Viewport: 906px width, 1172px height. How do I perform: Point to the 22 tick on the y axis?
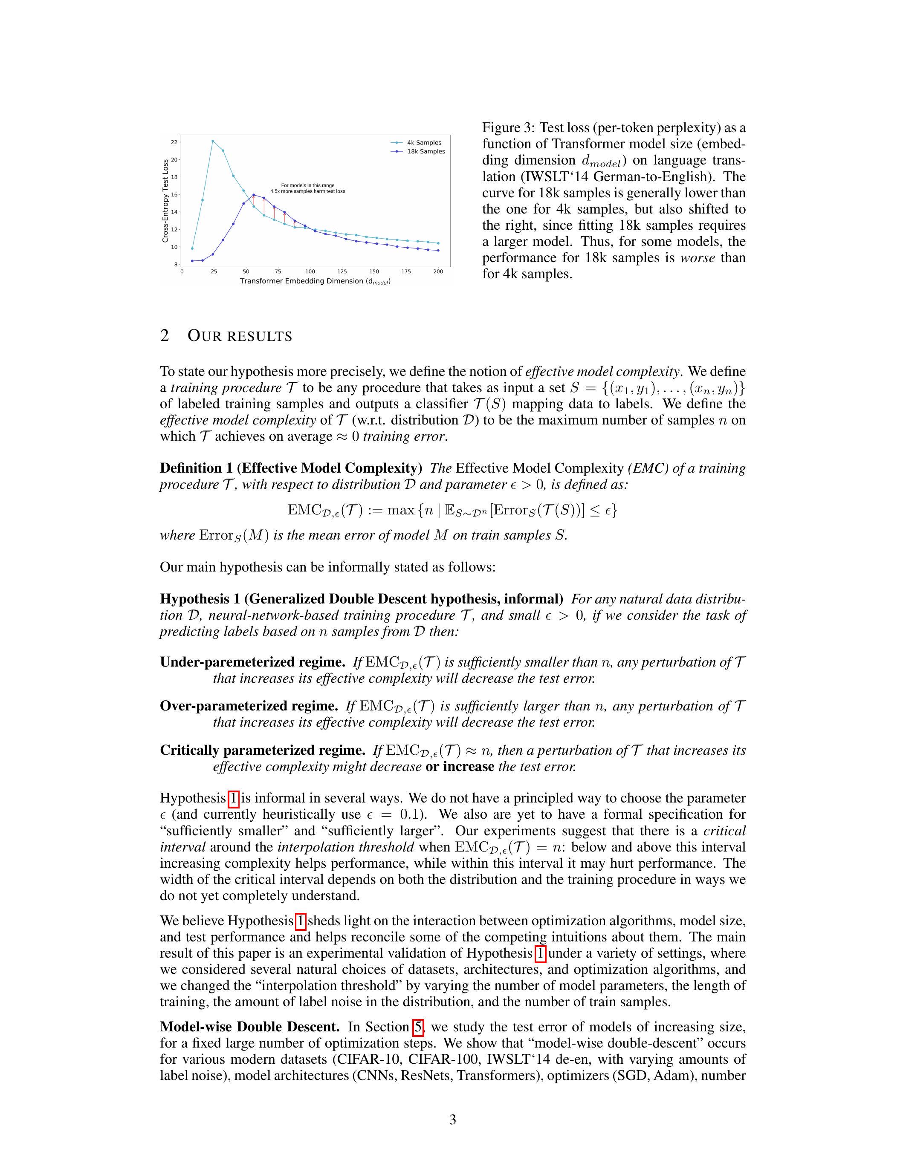click(x=174, y=142)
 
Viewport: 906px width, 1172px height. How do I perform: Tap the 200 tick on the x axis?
click(x=438, y=271)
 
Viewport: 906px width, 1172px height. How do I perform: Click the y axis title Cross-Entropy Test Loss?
click(x=165, y=201)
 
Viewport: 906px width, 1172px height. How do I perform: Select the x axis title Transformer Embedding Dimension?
click(x=315, y=281)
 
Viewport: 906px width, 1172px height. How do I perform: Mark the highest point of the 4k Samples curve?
click(x=213, y=141)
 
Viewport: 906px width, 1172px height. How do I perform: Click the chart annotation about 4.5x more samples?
click(x=307, y=188)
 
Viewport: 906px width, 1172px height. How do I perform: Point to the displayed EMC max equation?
click(x=452, y=510)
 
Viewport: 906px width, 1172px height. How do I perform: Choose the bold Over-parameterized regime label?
click(x=249, y=706)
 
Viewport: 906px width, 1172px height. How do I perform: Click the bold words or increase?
click(x=460, y=766)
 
